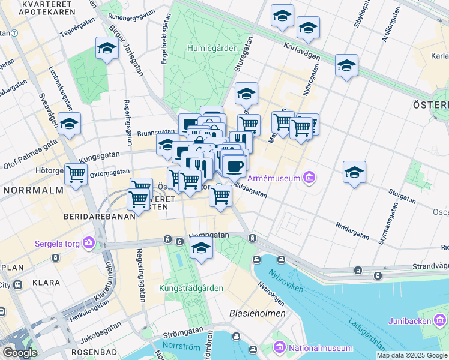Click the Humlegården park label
[x=212, y=48]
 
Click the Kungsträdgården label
[x=191, y=288]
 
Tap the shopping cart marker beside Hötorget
[x=76, y=175]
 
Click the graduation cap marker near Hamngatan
[x=202, y=247]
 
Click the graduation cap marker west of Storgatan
[x=354, y=172]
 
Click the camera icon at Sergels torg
[x=89, y=242]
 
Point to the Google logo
[x=19, y=353]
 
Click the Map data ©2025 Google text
[x=412, y=355]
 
